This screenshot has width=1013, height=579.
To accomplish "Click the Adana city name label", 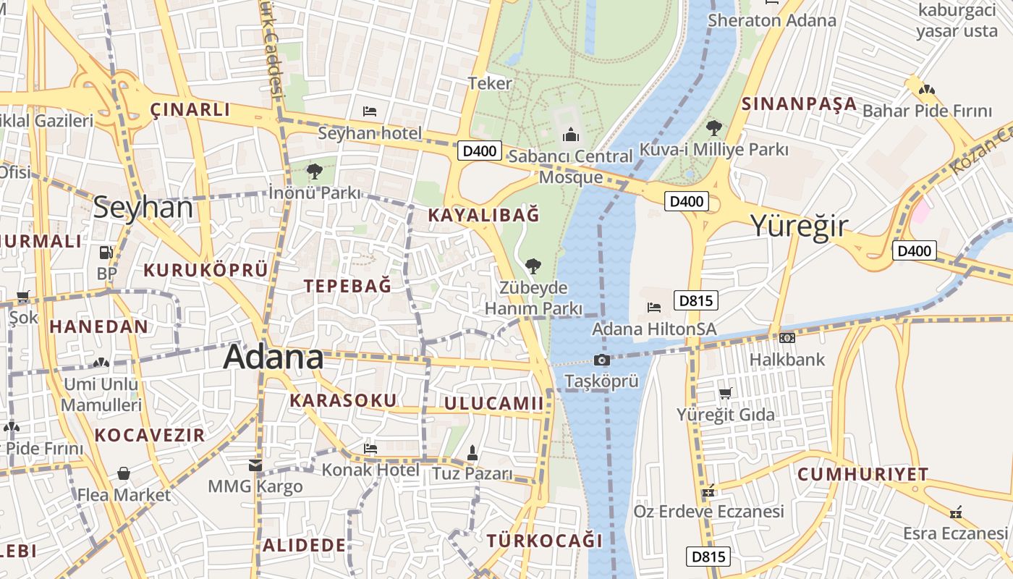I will coord(274,358).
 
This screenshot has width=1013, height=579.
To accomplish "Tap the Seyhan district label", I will coord(143,208).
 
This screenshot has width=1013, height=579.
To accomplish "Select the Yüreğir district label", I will coord(798,226).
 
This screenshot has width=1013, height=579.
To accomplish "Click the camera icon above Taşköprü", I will coord(601,360).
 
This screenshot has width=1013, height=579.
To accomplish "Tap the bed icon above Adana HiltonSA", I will coord(654,308).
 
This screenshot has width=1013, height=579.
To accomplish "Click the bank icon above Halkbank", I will coord(787,337).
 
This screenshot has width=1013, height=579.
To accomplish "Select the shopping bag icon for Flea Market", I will coord(124,474).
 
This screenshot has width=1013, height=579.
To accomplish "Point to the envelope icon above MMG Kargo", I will coord(255,465).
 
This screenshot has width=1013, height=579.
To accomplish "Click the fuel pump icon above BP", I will coord(106,253).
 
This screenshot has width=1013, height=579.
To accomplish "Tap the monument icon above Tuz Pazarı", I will coord(472,453).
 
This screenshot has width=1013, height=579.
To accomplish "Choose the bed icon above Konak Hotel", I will coord(370,449).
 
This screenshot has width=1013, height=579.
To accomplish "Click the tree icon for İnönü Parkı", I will coord(314,172).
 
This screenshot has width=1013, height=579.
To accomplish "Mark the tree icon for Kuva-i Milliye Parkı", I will coord(713,128).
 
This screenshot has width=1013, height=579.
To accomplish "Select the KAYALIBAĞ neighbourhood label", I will coord(483,215).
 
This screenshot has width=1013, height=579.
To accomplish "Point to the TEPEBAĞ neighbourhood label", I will coord(347,286).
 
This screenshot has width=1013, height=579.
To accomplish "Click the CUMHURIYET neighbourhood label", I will coord(862,475).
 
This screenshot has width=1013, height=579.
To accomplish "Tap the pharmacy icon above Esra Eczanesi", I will coord(956,512).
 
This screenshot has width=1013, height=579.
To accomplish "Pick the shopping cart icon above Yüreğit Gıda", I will coord(725,393).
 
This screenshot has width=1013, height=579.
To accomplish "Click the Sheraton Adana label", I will coord(771,20).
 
